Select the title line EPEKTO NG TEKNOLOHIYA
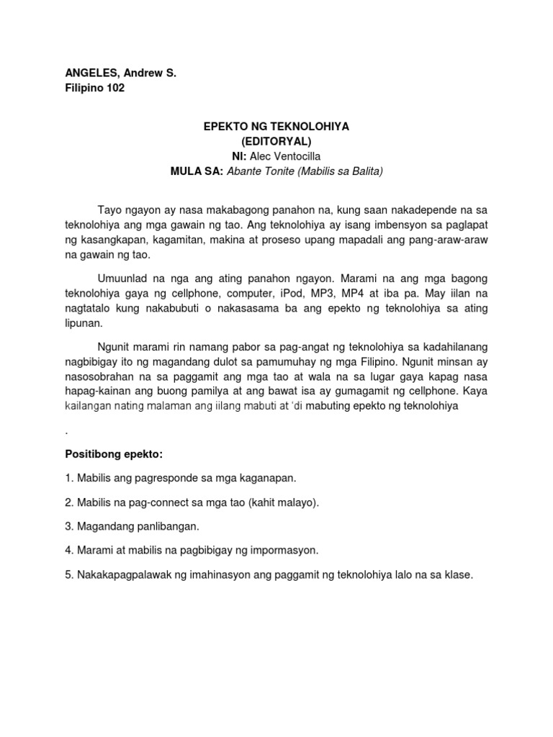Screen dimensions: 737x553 tap(276, 126)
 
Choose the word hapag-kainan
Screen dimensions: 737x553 tap(95, 392)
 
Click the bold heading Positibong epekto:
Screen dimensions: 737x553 tap(114, 456)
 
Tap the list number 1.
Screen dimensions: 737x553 tap(68, 478)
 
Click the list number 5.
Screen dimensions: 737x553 tap(68, 575)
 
